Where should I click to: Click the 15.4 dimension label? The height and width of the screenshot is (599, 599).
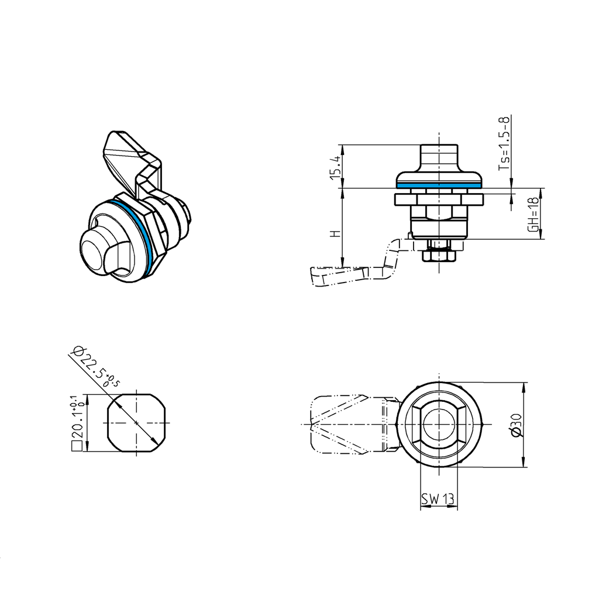[x=335, y=168]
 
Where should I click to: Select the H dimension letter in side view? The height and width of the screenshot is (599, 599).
[x=335, y=233]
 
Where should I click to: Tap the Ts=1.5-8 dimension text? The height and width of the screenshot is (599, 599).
[x=504, y=144]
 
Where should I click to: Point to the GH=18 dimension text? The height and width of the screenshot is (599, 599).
[x=533, y=214]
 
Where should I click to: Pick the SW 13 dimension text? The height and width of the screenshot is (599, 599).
[x=438, y=499]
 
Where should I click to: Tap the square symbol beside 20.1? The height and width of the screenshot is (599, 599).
[x=75, y=447]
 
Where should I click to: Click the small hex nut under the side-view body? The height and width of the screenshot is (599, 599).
[x=439, y=255]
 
